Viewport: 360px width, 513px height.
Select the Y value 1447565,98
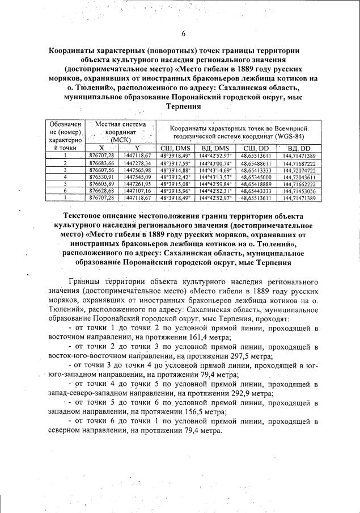[x=137, y=170]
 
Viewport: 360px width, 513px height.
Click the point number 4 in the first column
[x=66, y=176]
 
